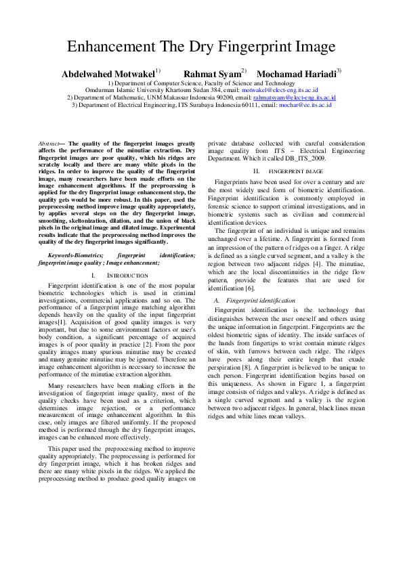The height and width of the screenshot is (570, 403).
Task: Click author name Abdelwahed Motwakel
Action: point(108,73)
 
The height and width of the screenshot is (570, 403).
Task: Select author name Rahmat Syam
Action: point(211,73)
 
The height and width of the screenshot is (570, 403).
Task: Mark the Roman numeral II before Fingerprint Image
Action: point(255,171)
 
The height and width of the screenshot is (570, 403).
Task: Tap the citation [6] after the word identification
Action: point(250,289)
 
